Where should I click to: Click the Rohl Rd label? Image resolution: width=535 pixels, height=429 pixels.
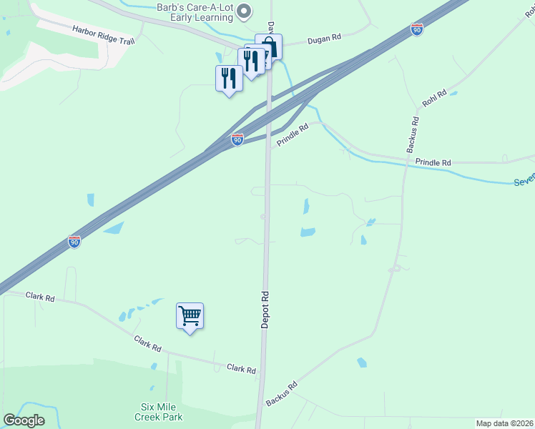434,98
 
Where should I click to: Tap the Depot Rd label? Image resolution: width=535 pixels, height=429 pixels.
264,310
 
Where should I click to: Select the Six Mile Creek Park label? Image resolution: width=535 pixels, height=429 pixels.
161,411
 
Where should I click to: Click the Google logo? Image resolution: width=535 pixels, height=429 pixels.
24,420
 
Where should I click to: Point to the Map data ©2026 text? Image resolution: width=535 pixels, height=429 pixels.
504,423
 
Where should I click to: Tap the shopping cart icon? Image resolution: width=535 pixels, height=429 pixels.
190,315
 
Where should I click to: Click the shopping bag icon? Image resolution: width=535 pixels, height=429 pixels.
269,47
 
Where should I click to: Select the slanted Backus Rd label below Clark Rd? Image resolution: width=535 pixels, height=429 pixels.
281,394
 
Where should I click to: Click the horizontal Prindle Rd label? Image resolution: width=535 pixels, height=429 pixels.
433,163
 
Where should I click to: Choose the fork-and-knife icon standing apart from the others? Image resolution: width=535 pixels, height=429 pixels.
229,78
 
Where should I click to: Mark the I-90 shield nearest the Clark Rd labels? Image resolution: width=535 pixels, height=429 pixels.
74,242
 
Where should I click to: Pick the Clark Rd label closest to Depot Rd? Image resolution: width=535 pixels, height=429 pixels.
241,369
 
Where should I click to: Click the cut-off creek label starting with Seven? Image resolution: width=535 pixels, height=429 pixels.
524,182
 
